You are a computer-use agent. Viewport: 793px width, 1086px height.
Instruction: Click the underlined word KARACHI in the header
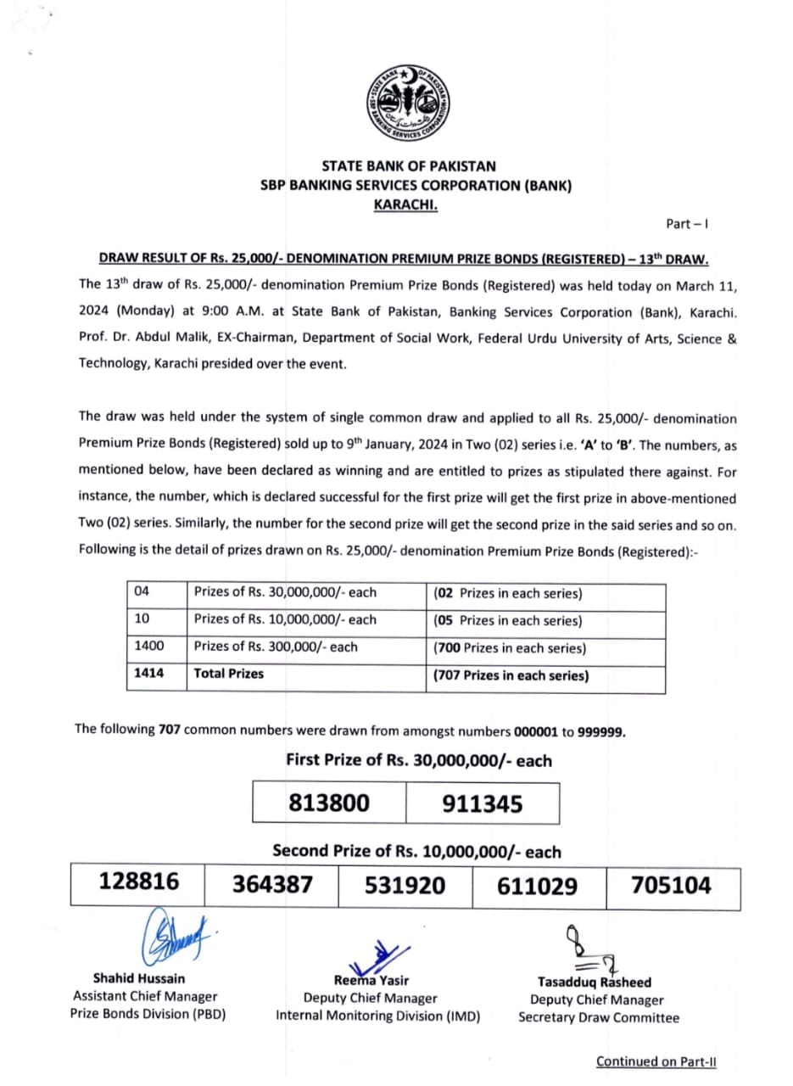point(405,204)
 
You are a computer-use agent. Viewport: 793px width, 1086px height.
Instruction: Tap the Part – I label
point(686,224)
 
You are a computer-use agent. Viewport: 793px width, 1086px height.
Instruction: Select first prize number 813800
point(329,803)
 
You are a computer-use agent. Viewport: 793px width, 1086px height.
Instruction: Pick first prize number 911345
point(483,803)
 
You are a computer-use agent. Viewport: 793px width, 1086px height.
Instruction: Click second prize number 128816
point(139,882)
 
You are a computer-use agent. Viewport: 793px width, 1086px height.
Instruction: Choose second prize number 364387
point(272,885)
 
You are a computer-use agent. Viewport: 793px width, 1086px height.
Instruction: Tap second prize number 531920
point(405,885)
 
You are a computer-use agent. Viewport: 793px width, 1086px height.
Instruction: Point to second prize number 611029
point(537,885)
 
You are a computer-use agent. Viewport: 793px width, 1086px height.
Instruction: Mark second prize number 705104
point(671,885)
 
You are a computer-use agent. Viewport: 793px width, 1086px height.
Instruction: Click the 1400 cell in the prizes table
point(149,647)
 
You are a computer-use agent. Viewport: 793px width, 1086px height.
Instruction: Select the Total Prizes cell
point(228,674)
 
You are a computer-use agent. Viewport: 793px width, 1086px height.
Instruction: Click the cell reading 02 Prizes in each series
point(507,594)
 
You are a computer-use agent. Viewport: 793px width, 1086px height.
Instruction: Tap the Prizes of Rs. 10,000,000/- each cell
point(285,619)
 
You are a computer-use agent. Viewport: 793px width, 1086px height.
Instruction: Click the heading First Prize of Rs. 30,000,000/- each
point(419,760)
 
